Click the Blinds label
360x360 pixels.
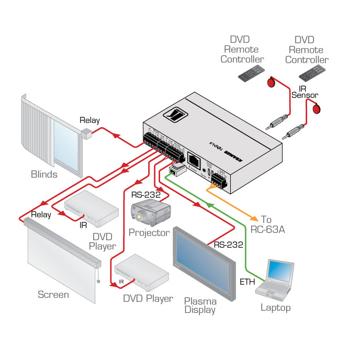pyautogui.click(x=44, y=174)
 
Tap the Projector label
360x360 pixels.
pyautogui.click(x=149, y=232)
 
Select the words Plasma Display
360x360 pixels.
pyautogui.click(x=200, y=305)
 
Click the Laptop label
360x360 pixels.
pyautogui.click(x=276, y=308)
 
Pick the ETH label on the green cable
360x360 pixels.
pyautogui.click(x=248, y=282)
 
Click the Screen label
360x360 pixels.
pyautogui.click(x=53, y=295)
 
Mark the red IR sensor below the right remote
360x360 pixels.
pyautogui.click(x=316, y=109)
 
